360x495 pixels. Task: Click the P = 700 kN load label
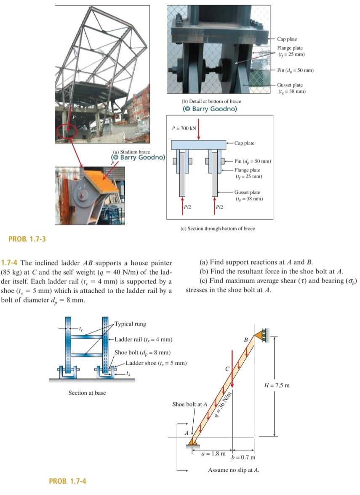(x=184, y=127)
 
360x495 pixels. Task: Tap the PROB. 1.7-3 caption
(x=27, y=239)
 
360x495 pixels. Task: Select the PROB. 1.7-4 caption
(x=67, y=481)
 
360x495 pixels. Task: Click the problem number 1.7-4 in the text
(x=11, y=262)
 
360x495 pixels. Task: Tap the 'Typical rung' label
(x=130, y=324)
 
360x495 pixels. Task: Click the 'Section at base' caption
(x=87, y=393)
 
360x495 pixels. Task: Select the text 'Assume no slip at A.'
(x=233, y=470)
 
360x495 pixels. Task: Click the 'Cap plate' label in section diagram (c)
(x=244, y=143)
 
